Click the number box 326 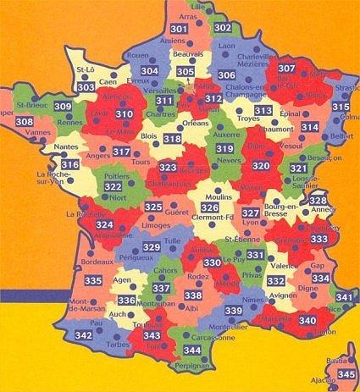tap(210, 208)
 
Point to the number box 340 tap(307, 321)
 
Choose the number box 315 tap(341, 108)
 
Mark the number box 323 tap(168, 168)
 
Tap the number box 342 tap(83, 336)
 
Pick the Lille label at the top tap(200, 6)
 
